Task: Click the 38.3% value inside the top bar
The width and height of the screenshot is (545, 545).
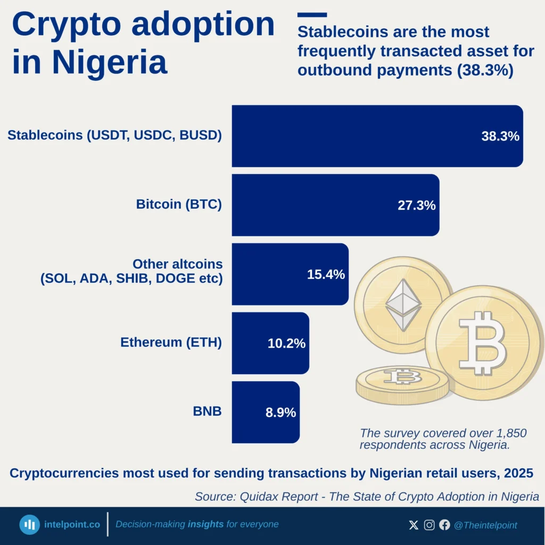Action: pos(500,136)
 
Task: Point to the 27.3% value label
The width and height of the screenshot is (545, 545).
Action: pos(416,205)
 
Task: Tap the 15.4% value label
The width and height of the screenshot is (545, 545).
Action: pos(326,275)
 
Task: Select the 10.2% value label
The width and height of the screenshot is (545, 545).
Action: pos(286,344)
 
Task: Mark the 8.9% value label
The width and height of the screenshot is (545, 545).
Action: pos(280,412)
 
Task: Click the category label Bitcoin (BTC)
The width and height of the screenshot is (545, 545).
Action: pos(179,204)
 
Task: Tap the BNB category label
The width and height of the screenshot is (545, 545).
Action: pos(207,411)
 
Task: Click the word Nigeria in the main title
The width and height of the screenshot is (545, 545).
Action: pos(109,62)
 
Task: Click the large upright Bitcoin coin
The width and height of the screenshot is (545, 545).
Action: pos(483,343)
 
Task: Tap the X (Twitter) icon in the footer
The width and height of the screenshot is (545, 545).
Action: pos(414,525)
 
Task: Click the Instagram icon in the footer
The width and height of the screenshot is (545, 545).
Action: pos(429,525)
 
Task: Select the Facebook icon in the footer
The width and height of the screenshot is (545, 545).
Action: pos(444,525)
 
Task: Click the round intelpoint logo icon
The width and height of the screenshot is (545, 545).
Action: pos(30,525)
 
